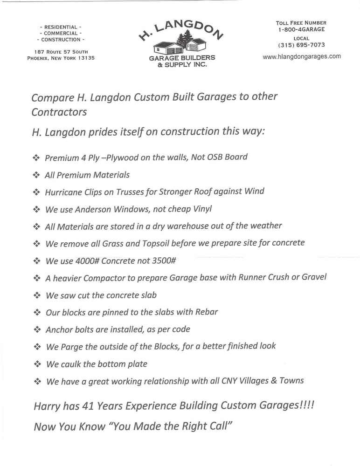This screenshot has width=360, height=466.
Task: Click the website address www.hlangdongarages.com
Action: tap(302, 56)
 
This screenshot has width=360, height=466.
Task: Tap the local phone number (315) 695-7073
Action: tap(301, 45)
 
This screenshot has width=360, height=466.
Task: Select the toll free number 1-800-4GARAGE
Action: tap(301, 29)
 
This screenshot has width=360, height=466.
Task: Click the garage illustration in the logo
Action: tap(180, 45)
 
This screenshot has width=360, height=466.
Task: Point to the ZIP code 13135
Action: tap(85, 58)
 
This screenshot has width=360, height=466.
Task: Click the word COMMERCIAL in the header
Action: tap(61, 34)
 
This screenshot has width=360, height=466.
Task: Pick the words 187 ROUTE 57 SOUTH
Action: tap(61, 52)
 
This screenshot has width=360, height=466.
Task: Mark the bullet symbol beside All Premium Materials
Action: tap(36, 175)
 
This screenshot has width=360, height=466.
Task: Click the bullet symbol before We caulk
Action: tap(37, 364)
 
